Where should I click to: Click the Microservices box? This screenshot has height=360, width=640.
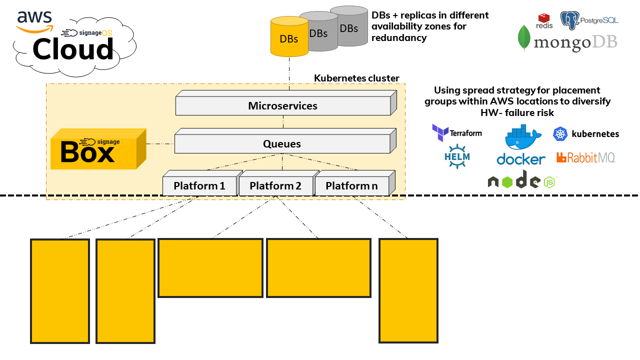pos(283,106)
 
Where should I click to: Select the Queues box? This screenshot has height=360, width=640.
pos(282,144)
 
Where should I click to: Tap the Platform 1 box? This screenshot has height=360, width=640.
pos(199,186)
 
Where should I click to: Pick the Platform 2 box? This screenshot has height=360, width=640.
pos(275,186)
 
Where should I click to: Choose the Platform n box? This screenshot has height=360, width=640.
pos(351,186)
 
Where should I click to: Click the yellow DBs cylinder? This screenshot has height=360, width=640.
pos(289,38)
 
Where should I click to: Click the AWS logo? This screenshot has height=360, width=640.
pos(34,21)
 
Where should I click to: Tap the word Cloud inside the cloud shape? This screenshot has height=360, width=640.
pos(73,50)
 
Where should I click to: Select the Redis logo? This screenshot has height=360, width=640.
pos(544,21)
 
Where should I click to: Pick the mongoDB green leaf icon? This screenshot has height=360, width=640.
pos(524,38)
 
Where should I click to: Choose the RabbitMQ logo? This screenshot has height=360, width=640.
pos(585,158)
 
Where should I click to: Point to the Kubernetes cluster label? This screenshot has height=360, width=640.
pos(356,78)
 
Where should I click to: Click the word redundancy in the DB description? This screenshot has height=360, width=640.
pos(399,38)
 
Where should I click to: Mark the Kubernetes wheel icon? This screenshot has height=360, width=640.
pos(560,133)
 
